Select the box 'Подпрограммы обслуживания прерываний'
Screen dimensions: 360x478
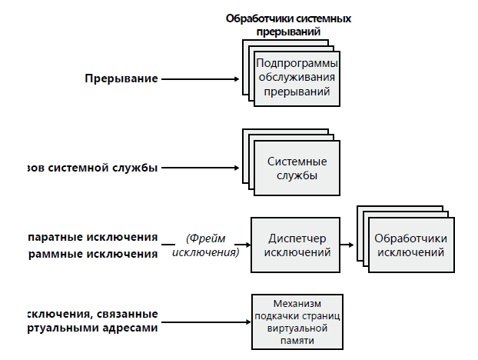pos(297,77)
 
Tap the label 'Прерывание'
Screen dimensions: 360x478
pos(121,78)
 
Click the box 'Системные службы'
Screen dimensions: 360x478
pos(297,168)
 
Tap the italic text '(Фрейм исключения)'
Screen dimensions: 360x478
pos(206,245)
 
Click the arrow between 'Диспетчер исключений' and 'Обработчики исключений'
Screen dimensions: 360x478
pos(348,245)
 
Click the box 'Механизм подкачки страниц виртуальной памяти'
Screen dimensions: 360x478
pos(297,322)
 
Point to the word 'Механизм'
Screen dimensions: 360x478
pos(297,305)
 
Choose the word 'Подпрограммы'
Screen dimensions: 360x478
pos(297,63)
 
